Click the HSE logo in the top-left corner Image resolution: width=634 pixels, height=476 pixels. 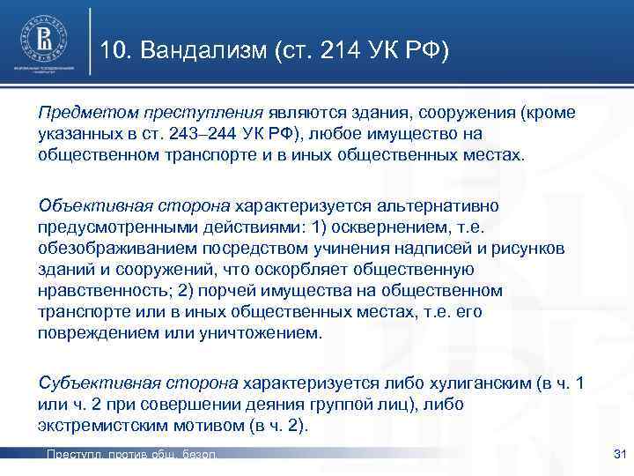(43, 40)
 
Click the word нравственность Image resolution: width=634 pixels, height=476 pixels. (98, 290)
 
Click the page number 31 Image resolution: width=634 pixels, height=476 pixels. (617, 454)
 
